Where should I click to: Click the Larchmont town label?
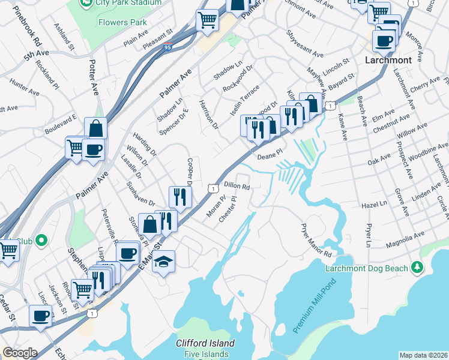tap(388, 61)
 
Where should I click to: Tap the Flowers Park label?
tap(124, 23)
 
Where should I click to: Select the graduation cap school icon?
tap(163, 262)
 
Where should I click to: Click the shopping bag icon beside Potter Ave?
tap(95, 128)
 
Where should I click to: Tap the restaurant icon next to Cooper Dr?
tap(180, 197)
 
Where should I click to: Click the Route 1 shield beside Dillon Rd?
tap(212, 188)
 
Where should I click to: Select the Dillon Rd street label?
tap(237, 186)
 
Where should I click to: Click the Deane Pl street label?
tap(269, 156)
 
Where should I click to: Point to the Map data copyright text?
tap(423, 355)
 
